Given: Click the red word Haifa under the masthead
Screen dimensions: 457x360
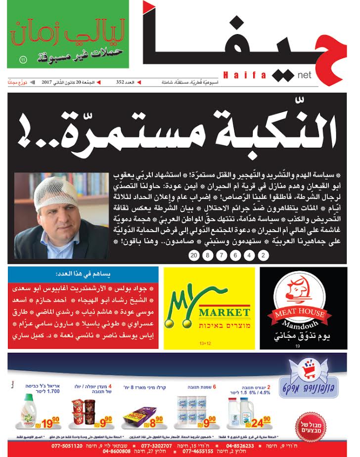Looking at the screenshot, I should coord(245,75).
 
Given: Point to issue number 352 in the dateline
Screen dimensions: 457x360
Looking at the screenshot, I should coord(123,82).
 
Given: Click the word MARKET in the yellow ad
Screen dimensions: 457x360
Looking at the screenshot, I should coord(224,312).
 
